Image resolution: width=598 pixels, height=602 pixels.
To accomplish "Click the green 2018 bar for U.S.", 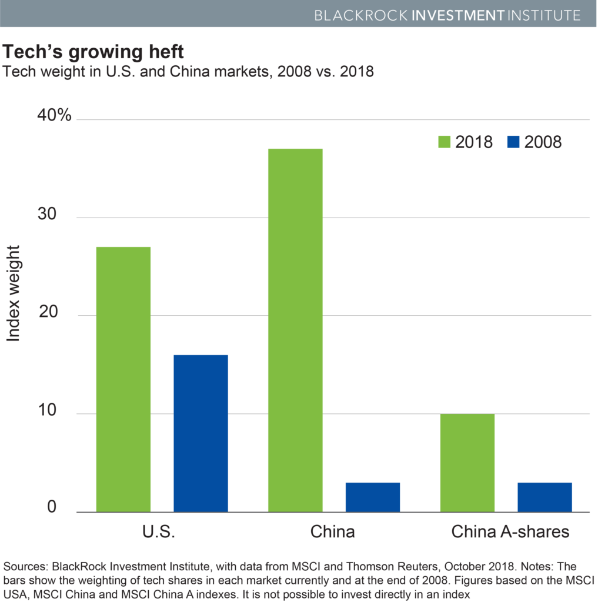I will coord(123,379).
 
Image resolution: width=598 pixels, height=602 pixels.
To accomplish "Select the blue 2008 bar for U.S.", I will coord(201,433).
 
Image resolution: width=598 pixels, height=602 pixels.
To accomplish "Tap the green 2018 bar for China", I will coord(295,329).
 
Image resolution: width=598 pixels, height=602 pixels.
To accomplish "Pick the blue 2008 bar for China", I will coord(372,496).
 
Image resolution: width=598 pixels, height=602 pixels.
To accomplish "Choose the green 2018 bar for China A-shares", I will coord(467,462).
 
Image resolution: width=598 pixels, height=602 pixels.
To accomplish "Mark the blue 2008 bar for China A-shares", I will coord(544,496).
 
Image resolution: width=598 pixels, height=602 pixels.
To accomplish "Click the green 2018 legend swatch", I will coord(444,142).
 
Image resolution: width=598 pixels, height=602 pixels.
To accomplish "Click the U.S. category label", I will coord(159,532).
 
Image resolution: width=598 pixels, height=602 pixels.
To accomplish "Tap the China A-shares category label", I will coord(510,532).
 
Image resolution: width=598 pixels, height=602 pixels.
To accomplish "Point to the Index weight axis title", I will coord(14,294).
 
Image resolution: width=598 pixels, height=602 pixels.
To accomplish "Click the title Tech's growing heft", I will coord(94,53).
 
